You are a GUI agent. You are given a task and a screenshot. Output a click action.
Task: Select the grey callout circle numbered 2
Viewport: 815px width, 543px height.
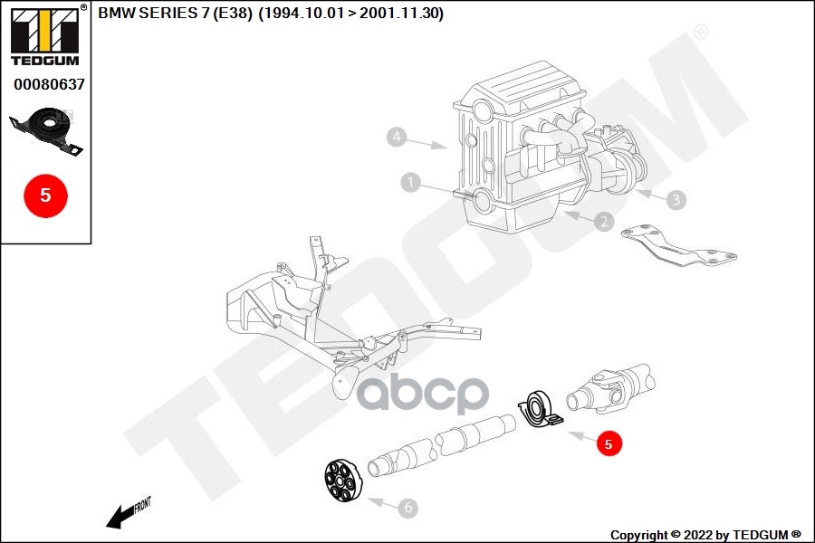point(604,221)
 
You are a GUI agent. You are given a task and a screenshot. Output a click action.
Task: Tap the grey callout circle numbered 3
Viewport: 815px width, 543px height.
point(676,199)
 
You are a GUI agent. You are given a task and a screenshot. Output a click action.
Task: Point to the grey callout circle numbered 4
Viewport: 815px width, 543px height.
point(396,138)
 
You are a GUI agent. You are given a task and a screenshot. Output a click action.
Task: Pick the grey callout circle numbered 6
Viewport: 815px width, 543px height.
point(408,509)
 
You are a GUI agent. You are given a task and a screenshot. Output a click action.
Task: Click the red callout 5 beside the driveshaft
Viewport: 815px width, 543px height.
point(609,443)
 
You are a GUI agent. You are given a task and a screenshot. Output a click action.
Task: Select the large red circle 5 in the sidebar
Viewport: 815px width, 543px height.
point(45,194)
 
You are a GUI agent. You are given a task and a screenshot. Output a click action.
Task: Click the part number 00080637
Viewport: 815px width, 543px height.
point(49,84)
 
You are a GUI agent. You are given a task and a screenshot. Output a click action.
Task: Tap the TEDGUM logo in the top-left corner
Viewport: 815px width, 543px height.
point(44,35)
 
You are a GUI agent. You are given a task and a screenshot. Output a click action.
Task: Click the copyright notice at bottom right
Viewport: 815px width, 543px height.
point(705,535)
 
